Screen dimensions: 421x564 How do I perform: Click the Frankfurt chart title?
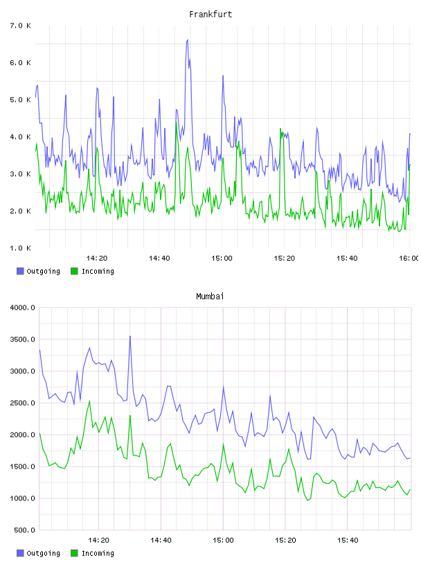(210, 14)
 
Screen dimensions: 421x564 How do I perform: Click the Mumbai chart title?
(210, 296)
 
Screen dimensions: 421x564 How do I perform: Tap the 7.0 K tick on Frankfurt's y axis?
(20, 26)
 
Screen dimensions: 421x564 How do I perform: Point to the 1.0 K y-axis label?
(20, 248)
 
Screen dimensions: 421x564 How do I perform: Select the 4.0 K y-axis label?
(20, 137)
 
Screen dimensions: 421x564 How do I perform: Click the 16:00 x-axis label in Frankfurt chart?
(409, 258)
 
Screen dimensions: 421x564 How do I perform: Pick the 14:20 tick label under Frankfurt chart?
(97, 258)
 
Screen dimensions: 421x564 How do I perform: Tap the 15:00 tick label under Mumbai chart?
(223, 540)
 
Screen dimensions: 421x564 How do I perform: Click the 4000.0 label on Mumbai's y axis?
(22, 308)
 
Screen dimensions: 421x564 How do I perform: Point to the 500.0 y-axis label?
(24, 530)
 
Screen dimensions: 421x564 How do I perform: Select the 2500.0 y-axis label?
(22, 403)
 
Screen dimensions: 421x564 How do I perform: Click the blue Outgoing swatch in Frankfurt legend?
(20, 271)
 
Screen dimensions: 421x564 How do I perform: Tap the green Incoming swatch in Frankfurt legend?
(74, 271)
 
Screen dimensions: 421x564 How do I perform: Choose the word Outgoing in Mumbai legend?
(43, 553)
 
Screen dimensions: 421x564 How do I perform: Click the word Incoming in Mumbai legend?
(98, 553)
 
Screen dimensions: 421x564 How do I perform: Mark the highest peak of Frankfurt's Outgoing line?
(188, 40)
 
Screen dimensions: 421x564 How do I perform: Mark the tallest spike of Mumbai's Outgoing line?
(130, 337)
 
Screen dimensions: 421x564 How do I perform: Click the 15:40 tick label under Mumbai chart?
(348, 540)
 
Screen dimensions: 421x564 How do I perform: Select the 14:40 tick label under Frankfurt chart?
(159, 258)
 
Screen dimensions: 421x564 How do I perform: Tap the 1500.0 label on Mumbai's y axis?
(22, 467)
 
